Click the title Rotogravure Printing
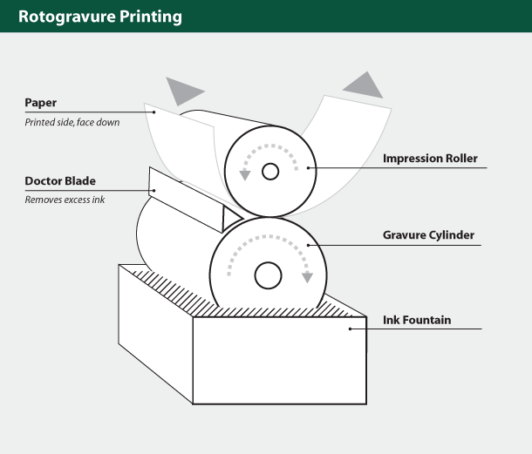(x=100, y=16)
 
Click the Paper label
(x=41, y=103)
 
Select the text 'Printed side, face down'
(x=72, y=122)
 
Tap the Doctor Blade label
(x=60, y=181)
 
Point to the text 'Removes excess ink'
(x=64, y=200)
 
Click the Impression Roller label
(x=430, y=159)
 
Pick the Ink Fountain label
(x=417, y=320)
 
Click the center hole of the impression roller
(x=270, y=172)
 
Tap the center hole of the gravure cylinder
(x=268, y=275)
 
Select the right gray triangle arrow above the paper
(x=363, y=84)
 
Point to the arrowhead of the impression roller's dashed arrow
(x=245, y=174)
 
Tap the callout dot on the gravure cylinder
(x=308, y=245)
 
